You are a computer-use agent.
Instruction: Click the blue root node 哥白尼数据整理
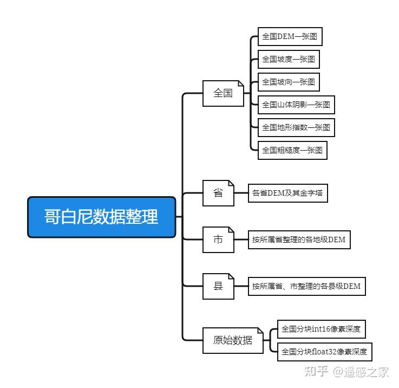pyautogui.click(x=102, y=217)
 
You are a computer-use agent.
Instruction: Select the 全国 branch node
pyautogui.click(x=223, y=93)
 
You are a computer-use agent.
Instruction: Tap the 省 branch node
pyautogui.click(x=218, y=193)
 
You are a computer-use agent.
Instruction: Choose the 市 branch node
pyautogui.click(x=218, y=240)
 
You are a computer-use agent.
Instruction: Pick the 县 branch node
pyautogui.click(x=218, y=286)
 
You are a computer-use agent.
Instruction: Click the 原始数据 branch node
pyautogui.click(x=233, y=340)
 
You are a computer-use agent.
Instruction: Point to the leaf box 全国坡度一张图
pyautogui.click(x=288, y=59)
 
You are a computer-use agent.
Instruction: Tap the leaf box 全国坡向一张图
pyautogui.click(x=288, y=82)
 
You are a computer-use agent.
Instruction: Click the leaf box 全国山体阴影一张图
pyautogui.click(x=296, y=105)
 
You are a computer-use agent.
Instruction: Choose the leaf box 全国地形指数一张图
pyautogui.click(x=296, y=127)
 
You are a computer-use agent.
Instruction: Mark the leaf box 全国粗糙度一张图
pyautogui.click(x=292, y=150)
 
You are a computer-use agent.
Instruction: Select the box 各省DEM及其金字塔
pyautogui.click(x=288, y=193)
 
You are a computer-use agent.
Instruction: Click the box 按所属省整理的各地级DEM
pyautogui.click(x=298, y=240)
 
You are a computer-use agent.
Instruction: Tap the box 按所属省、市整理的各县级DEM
pyautogui.click(x=306, y=286)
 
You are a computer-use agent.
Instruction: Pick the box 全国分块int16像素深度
pyautogui.click(x=320, y=329)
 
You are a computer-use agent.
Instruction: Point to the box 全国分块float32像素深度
pyautogui.click(x=324, y=352)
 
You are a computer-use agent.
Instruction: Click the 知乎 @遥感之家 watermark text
pyautogui.click(x=347, y=372)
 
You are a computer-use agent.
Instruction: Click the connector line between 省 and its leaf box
pyautogui.click(x=241, y=193)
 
